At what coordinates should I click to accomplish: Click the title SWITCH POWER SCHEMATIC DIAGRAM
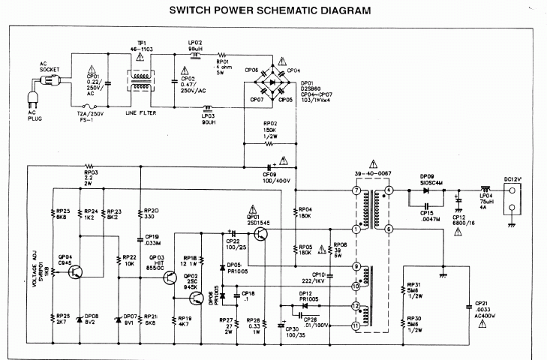tap(269, 11)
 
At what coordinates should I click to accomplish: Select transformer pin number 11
tap(356, 326)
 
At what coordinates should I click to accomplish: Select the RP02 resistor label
tap(270, 125)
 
